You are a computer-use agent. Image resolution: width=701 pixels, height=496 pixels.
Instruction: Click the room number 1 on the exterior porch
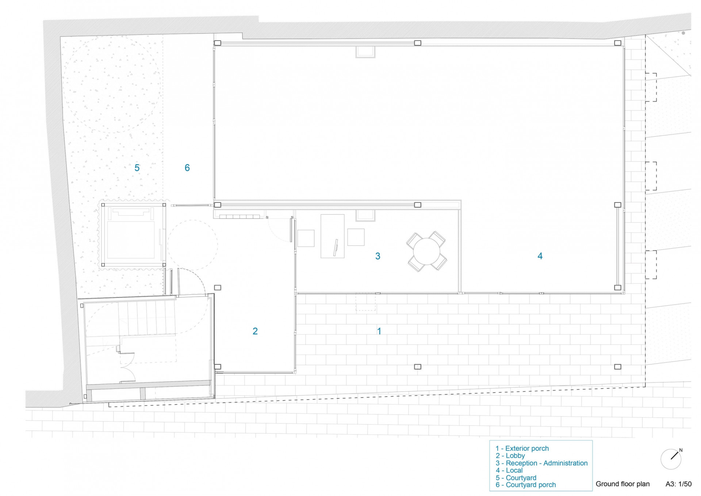[379, 331]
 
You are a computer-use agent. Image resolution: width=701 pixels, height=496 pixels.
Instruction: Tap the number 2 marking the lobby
[255, 331]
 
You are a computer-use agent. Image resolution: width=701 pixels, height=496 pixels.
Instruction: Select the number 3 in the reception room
[378, 256]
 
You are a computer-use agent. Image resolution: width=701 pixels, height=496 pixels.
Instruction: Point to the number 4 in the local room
[540, 256]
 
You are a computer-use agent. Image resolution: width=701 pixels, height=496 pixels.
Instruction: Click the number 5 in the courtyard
[137, 168]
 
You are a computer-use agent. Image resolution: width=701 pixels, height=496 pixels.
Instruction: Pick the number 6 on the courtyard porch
[187, 168]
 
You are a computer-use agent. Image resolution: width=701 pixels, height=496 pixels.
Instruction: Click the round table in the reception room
[426, 251]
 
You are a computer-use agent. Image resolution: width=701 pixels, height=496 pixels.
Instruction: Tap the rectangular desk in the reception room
[333, 236]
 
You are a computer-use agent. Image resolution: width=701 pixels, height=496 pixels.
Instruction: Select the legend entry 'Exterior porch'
[527, 448]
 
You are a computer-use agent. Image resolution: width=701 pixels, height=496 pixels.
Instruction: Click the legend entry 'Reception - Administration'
[547, 463]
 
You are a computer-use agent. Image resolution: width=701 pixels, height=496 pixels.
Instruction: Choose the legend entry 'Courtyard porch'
[531, 485]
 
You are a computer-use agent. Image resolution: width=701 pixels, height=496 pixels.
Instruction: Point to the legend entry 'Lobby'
[515, 456]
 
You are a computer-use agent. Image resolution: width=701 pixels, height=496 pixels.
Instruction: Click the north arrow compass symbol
[671, 459]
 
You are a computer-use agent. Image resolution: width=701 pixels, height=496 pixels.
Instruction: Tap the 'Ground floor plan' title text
[623, 484]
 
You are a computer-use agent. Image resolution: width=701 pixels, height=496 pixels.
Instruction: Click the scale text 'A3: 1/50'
[678, 484]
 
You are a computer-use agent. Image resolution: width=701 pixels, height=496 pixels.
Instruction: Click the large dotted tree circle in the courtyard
[112, 84]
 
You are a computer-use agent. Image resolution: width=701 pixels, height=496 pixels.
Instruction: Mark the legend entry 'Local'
[514, 470]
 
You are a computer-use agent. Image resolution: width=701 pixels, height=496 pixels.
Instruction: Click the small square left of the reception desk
[306, 238]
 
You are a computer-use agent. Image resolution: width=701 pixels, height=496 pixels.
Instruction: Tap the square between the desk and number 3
[356, 237]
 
